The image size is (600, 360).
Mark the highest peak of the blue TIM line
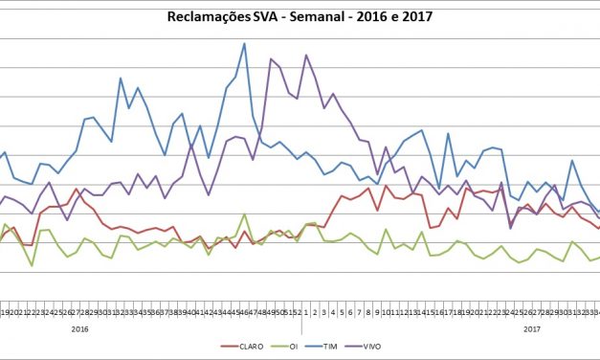[244, 44]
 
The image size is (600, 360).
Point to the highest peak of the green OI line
[244, 214]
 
